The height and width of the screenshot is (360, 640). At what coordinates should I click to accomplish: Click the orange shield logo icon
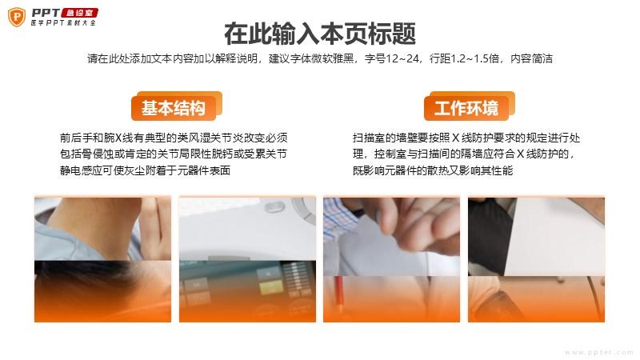(17, 17)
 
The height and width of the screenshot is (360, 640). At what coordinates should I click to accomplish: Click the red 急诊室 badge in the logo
(79, 13)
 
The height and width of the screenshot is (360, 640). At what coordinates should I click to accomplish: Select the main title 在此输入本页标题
(320, 34)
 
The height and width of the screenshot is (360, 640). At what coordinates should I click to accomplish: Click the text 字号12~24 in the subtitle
(392, 58)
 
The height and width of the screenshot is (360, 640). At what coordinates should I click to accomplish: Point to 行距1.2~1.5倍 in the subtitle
(464, 58)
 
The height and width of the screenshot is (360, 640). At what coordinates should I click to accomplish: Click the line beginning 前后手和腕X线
(174, 138)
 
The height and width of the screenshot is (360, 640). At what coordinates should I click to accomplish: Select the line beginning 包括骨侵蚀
(174, 154)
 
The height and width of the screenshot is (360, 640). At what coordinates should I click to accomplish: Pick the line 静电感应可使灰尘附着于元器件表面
(146, 170)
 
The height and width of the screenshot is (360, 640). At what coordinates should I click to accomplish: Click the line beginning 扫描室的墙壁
(466, 138)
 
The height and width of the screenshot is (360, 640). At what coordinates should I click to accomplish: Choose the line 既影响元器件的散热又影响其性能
(433, 170)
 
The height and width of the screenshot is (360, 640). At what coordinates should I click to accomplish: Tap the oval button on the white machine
(274, 207)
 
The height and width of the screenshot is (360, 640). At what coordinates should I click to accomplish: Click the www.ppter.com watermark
(598, 352)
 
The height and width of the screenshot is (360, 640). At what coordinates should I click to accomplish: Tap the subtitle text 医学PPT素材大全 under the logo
(63, 23)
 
